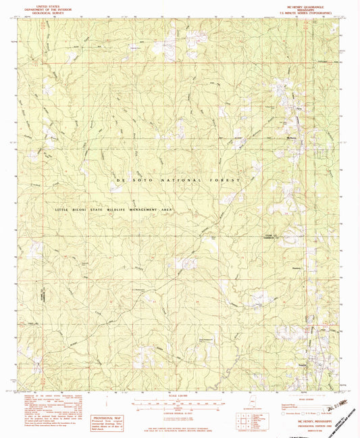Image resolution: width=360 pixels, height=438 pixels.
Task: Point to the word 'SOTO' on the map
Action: (x=140, y=182)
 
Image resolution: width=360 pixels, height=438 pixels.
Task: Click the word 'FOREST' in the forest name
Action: (x=222, y=182)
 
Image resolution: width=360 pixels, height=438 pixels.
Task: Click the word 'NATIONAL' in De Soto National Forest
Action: (x=180, y=182)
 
